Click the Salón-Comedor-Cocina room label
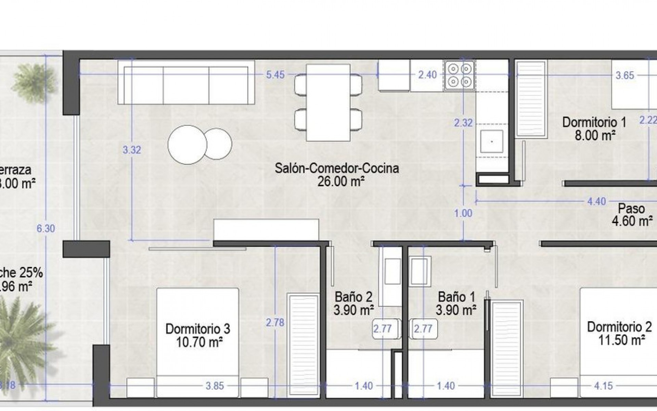(337, 169)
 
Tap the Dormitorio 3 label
(198, 329)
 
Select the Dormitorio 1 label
(594, 122)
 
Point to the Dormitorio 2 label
(619, 327)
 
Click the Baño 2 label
(353, 297)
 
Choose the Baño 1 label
(456, 297)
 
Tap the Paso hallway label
(631, 209)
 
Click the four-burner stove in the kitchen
(459, 75)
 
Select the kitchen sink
(492, 141)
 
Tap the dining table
(328, 103)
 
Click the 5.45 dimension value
(275, 75)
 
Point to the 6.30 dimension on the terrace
(46, 228)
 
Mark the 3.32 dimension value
(132, 150)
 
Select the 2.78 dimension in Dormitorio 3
(275, 323)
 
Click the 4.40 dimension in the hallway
(596, 201)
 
